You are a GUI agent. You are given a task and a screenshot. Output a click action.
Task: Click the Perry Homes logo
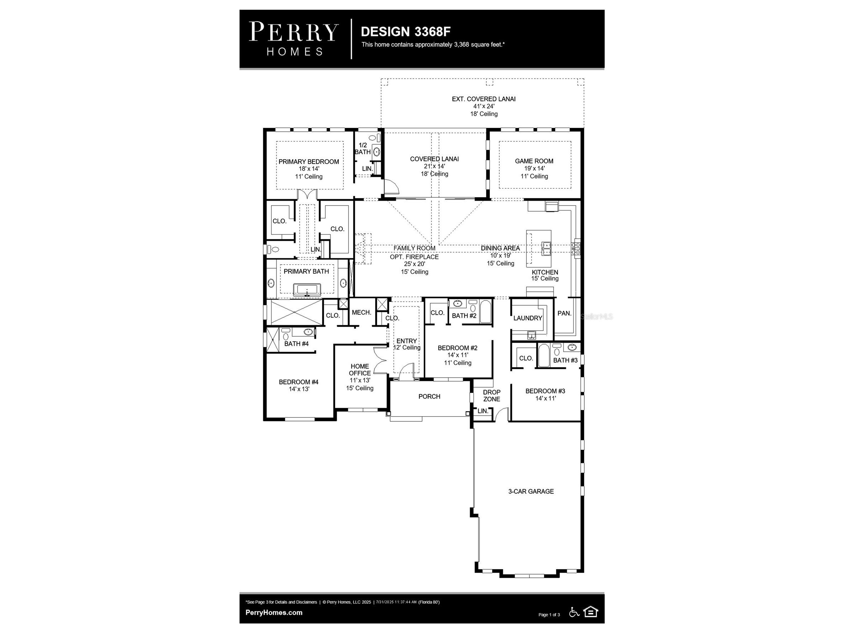[294, 38]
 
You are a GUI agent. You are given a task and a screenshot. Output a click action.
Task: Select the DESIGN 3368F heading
[405, 31]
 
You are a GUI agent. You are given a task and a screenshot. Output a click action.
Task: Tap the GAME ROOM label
[534, 161]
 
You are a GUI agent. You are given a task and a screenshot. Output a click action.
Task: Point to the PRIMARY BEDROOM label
[309, 161]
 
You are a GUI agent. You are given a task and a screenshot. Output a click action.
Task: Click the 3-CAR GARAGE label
[531, 492]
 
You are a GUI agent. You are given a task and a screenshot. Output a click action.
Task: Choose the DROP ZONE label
[491, 396]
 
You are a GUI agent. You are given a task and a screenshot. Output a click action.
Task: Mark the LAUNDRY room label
[528, 318]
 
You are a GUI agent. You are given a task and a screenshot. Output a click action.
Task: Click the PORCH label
[429, 396]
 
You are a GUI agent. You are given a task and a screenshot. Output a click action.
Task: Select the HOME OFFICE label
[360, 370]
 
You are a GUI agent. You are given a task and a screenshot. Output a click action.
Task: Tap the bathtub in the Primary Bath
[307, 290]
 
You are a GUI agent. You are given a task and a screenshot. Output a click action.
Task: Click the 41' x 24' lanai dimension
[484, 107]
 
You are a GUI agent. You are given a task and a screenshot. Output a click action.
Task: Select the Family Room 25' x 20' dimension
[414, 264]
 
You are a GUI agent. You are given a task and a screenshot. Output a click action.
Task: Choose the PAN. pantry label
[564, 313]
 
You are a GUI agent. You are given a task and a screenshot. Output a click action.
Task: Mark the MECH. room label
[361, 312]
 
